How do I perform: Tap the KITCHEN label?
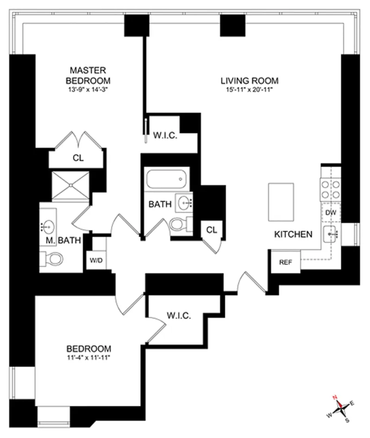pos(293,234)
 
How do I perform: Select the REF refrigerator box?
pos(285,262)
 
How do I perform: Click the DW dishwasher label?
pos(330,213)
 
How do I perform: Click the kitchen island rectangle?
pos(281,202)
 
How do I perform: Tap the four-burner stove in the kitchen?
pos(330,189)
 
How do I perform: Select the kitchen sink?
pos(331,234)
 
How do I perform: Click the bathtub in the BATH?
pos(166,179)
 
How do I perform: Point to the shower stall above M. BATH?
pos(70,185)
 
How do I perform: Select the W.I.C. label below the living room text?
pos(165,136)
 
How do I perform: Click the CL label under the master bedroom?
pos(78,158)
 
